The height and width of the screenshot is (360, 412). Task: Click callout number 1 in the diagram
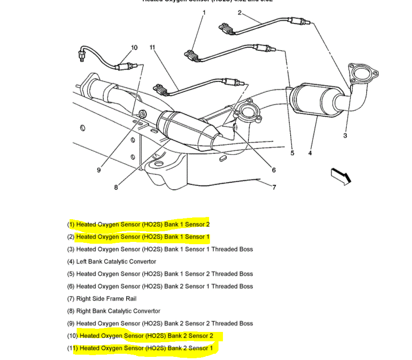(204, 12)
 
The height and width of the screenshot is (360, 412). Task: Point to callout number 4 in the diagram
(309, 153)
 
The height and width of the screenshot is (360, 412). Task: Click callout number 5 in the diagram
(293, 153)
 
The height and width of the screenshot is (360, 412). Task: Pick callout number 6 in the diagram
(274, 170)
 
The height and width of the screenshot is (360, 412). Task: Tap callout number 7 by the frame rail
(274, 187)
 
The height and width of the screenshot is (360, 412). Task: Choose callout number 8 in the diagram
(116, 188)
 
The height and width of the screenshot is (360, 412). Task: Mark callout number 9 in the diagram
(99, 170)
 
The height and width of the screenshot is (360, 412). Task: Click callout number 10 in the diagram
(134, 47)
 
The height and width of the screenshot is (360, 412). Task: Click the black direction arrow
(341, 176)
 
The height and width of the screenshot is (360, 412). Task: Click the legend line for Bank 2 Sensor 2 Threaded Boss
(160, 323)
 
